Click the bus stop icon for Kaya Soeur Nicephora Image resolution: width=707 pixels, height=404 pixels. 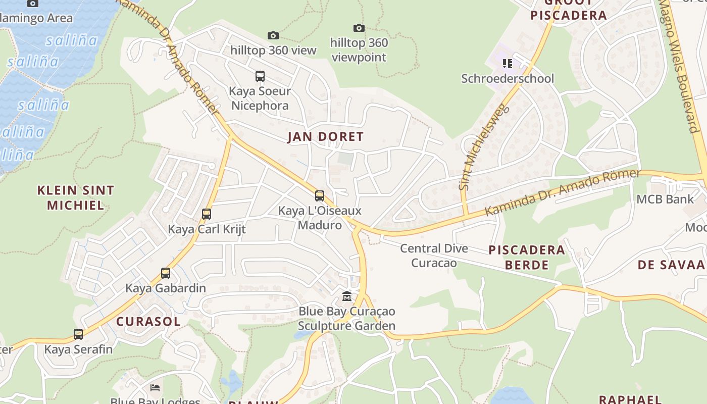tap(260, 76)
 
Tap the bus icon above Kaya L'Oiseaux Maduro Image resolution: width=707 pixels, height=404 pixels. tap(319, 195)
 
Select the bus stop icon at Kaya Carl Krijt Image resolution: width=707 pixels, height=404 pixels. tap(206, 214)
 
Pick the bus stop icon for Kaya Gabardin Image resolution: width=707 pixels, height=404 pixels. tap(165, 273)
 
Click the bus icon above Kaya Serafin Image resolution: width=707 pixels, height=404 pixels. tap(78, 334)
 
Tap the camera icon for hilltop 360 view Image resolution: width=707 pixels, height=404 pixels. tap(273, 35)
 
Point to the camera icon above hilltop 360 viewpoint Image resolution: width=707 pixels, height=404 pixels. tap(359, 28)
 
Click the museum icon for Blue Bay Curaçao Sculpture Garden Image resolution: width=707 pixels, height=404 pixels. tap(346, 296)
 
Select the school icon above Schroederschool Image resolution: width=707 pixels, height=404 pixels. tap(508, 64)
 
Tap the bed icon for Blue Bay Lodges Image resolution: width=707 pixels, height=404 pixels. tap(156, 388)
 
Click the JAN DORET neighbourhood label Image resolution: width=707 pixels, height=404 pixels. tap(325, 137)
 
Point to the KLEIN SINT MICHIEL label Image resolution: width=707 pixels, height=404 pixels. tap(76, 197)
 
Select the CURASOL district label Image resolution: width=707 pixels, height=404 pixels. tap(148, 322)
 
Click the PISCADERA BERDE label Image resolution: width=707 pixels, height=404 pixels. tap(527, 257)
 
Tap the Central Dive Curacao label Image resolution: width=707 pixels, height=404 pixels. tap(434, 256)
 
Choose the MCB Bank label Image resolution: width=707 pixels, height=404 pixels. tap(665, 199)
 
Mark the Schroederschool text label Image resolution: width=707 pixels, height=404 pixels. tap(508, 79)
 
